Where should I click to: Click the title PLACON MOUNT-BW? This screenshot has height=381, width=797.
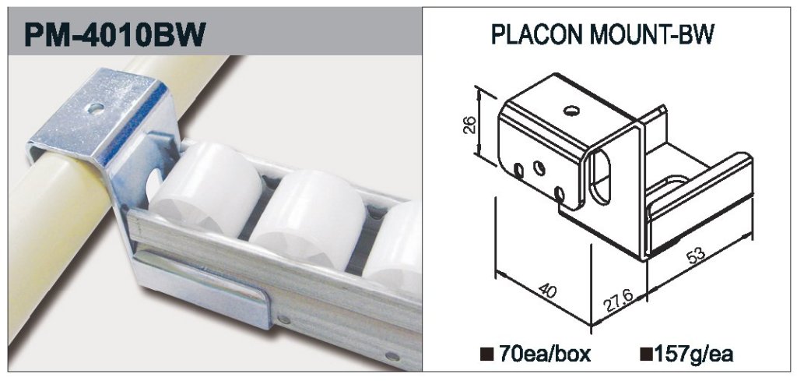[x=603, y=34]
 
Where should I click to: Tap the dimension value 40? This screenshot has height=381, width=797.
[x=548, y=292]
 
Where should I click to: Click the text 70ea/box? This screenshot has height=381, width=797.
[x=545, y=354]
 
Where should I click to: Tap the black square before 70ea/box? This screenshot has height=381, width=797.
[x=485, y=354]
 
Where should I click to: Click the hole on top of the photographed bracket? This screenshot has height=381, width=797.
[x=95, y=108]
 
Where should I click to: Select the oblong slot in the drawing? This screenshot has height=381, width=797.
[x=600, y=177]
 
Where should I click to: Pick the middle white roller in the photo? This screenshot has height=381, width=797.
[x=307, y=219]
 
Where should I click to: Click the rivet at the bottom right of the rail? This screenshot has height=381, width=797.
[x=391, y=355]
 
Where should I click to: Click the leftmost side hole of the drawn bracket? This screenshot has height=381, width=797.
[x=518, y=171]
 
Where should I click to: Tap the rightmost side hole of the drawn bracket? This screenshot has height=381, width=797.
[x=560, y=194]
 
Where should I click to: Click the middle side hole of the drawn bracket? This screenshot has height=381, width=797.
[x=539, y=168]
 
